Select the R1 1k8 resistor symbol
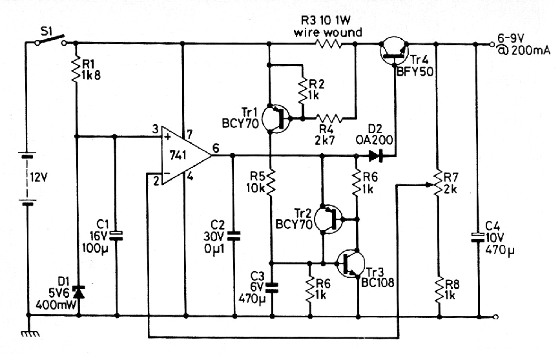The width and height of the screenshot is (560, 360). (x=76, y=70)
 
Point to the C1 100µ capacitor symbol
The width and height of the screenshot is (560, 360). (x=116, y=235)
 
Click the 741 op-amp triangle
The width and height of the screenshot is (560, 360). (x=186, y=155)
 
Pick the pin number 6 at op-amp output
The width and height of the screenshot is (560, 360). (x=216, y=147)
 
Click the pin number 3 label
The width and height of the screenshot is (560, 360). (x=156, y=129)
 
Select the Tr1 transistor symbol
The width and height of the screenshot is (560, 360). (x=276, y=118)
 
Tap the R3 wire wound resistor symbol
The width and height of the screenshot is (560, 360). (x=328, y=44)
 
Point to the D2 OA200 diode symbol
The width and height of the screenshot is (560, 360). (x=375, y=156)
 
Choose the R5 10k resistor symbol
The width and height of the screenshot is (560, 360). (x=271, y=183)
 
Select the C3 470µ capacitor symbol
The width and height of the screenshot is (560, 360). (x=272, y=287)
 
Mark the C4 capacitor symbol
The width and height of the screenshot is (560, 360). (x=478, y=237)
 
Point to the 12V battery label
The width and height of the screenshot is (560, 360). (x=39, y=177)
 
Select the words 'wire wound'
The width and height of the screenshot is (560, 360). (x=327, y=32)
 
